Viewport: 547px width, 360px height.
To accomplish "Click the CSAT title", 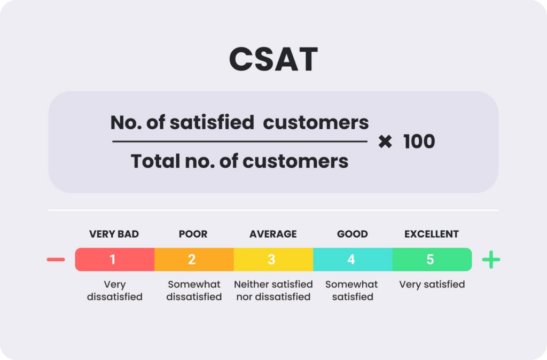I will pyautogui.click(x=273, y=59).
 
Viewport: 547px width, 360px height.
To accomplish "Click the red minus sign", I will pyautogui.click(x=56, y=260).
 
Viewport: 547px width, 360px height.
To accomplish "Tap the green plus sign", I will pyautogui.click(x=491, y=260).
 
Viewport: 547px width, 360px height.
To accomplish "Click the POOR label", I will pyautogui.click(x=193, y=234).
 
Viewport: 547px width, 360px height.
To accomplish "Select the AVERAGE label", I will pyautogui.click(x=273, y=234).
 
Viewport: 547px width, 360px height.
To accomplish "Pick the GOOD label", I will pyautogui.click(x=353, y=234).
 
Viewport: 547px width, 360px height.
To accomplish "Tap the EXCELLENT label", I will pyautogui.click(x=432, y=234).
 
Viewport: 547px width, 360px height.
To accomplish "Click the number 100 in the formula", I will pyautogui.click(x=419, y=142).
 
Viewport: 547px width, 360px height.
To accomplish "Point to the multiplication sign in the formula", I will pyautogui.click(x=385, y=142).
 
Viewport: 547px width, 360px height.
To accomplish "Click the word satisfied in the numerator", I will pyautogui.click(x=212, y=123).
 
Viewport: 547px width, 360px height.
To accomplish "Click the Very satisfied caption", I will pyautogui.click(x=432, y=284).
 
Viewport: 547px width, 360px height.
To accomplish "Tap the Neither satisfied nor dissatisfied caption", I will pyautogui.click(x=273, y=290).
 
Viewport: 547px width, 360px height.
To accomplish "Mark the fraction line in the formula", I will pyautogui.click(x=240, y=142).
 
